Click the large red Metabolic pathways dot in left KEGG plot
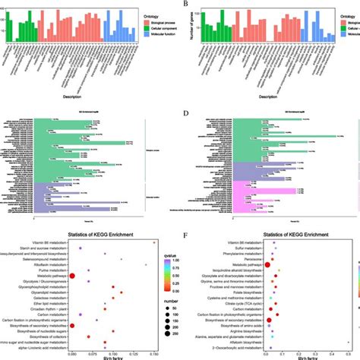[x=74, y=276]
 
